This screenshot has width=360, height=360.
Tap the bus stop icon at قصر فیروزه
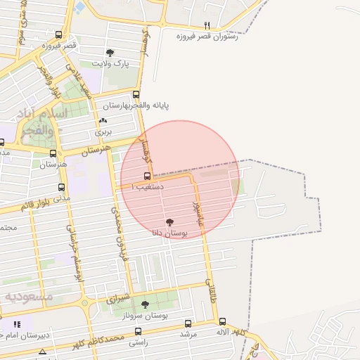58,34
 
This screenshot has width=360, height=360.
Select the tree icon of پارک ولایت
110,53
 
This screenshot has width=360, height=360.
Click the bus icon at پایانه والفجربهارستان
136,94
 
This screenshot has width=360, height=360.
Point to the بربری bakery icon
103,122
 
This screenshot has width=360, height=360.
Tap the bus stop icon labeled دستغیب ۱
147,176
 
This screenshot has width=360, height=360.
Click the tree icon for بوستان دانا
169,221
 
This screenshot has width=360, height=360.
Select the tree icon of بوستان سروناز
146,304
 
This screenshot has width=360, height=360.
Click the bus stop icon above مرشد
188,323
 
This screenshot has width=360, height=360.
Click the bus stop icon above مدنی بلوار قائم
61,188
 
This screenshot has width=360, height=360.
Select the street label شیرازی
119,298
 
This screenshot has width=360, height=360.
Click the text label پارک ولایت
112,64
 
